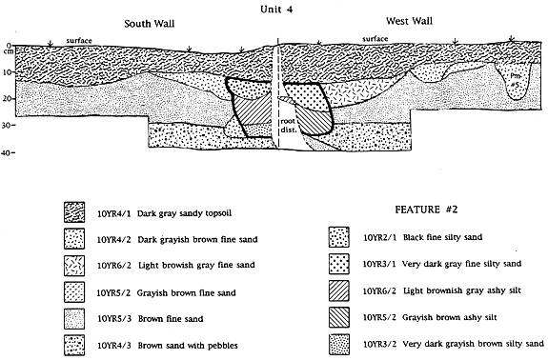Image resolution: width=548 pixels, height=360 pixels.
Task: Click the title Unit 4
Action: coord(276,10)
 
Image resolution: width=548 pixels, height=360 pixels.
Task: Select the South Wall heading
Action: coord(150,24)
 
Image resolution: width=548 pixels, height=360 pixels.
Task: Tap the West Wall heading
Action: coord(409,21)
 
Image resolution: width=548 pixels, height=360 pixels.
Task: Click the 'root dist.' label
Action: coord(288,126)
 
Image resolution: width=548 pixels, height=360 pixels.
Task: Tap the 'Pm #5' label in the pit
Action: coord(515,79)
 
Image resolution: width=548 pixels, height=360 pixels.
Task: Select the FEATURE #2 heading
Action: coord(426,210)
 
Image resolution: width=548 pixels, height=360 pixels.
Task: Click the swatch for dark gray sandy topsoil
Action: coord(74,212)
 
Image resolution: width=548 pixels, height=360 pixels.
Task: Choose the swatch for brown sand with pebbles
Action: coord(74,345)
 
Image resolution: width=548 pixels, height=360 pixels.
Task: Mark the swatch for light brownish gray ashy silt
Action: coord(339,290)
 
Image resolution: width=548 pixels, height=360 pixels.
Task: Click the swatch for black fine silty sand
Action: coord(339,237)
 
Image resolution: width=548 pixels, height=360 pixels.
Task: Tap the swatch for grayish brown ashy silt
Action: coord(339,317)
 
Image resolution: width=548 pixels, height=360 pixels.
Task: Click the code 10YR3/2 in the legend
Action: coord(379,344)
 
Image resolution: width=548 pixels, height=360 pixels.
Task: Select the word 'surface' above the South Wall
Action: coord(79,41)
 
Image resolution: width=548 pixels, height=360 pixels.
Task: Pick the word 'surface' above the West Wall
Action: coord(375,38)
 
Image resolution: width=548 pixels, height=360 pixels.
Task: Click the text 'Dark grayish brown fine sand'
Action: coord(197,240)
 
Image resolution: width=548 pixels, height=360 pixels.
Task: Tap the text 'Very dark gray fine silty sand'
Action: coord(461,264)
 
